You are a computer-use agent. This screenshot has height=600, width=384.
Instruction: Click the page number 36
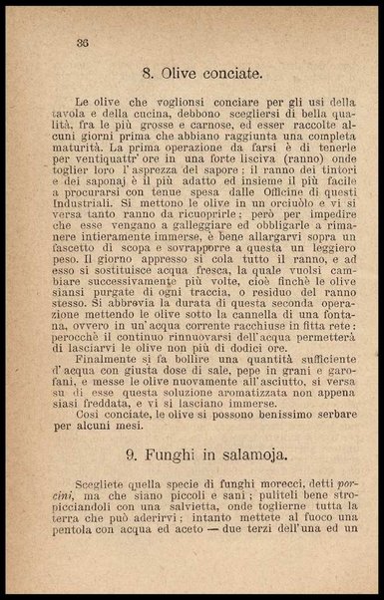83,41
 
